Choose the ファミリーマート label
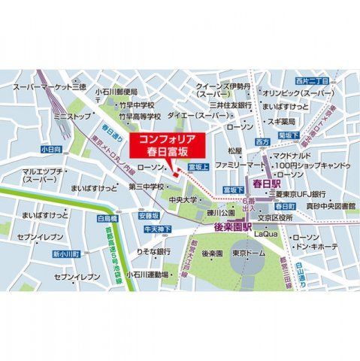[241, 164]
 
